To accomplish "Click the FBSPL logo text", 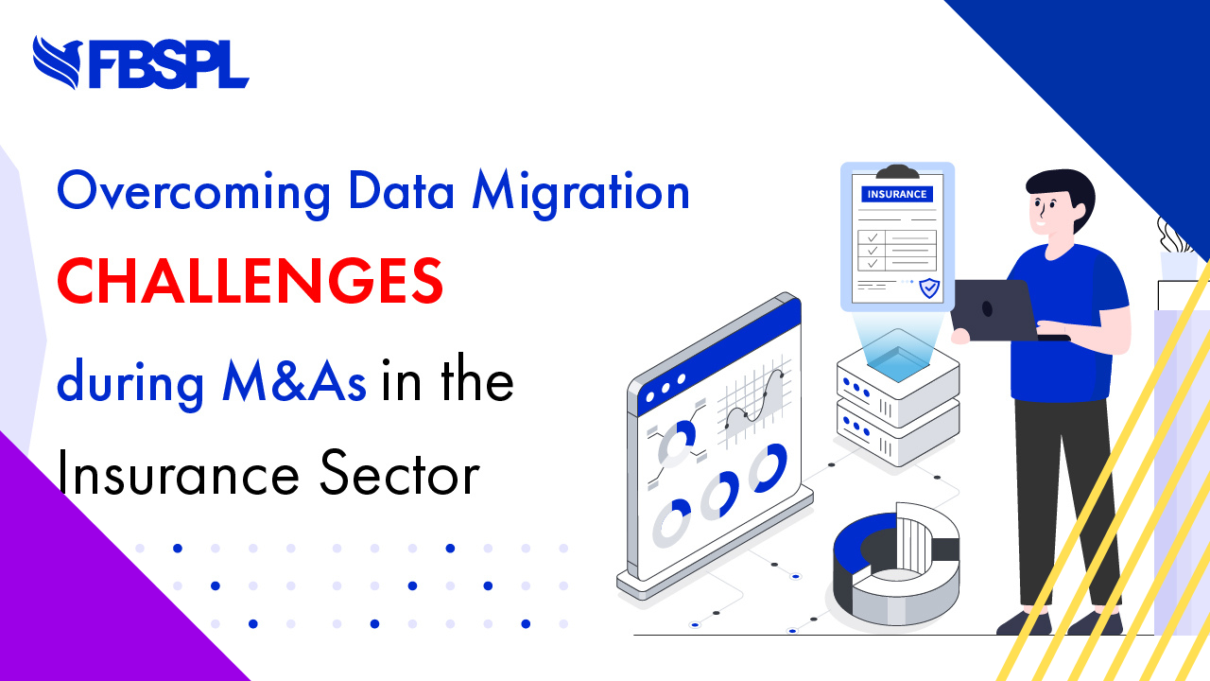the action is (168, 63).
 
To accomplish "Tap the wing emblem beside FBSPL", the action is (58, 61).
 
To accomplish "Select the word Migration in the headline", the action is (580, 193).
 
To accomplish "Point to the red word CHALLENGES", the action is (251, 281).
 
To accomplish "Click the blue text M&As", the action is (294, 381).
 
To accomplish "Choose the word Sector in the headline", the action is (400, 474).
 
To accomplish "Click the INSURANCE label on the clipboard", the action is (897, 194).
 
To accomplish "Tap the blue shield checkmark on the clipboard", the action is (929, 288).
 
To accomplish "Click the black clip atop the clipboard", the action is (897, 172).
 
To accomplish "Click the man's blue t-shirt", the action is (1064, 324).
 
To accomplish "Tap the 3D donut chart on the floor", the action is (897, 565).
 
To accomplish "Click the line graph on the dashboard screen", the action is (754, 400).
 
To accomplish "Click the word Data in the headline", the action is (402, 190).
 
